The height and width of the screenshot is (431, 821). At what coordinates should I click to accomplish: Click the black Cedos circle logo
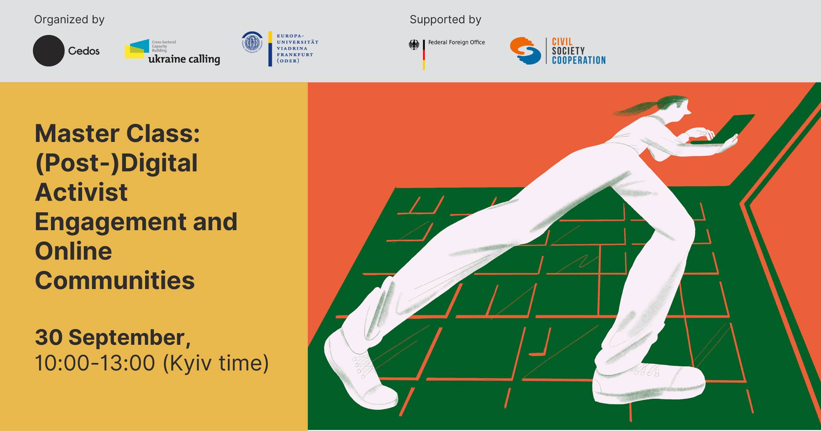[49, 51]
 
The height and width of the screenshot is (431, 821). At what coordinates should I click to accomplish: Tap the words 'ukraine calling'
[184, 59]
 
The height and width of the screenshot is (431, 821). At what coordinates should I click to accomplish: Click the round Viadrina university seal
[252, 42]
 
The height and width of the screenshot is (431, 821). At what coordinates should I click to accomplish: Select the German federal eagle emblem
[414, 45]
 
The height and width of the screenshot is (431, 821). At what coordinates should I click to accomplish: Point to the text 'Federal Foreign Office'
[457, 42]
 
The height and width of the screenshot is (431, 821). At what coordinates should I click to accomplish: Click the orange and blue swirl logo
[525, 51]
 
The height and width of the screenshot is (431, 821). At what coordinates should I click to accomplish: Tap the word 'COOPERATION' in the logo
[578, 60]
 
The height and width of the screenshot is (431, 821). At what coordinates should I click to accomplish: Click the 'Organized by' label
[69, 20]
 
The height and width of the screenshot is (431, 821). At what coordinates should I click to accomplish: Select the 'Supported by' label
[445, 20]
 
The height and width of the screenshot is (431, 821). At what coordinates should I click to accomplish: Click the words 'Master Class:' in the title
[117, 134]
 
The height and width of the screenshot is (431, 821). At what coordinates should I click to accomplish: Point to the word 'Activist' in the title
[81, 192]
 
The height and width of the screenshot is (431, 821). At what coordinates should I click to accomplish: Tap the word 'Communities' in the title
[115, 280]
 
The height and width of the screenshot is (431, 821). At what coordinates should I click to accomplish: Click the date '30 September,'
[113, 338]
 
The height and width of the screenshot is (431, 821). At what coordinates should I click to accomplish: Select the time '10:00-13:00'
[95, 363]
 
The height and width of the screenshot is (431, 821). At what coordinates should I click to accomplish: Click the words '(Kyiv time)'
[216, 363]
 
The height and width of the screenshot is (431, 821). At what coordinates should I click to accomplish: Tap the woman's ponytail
[637, 106]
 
